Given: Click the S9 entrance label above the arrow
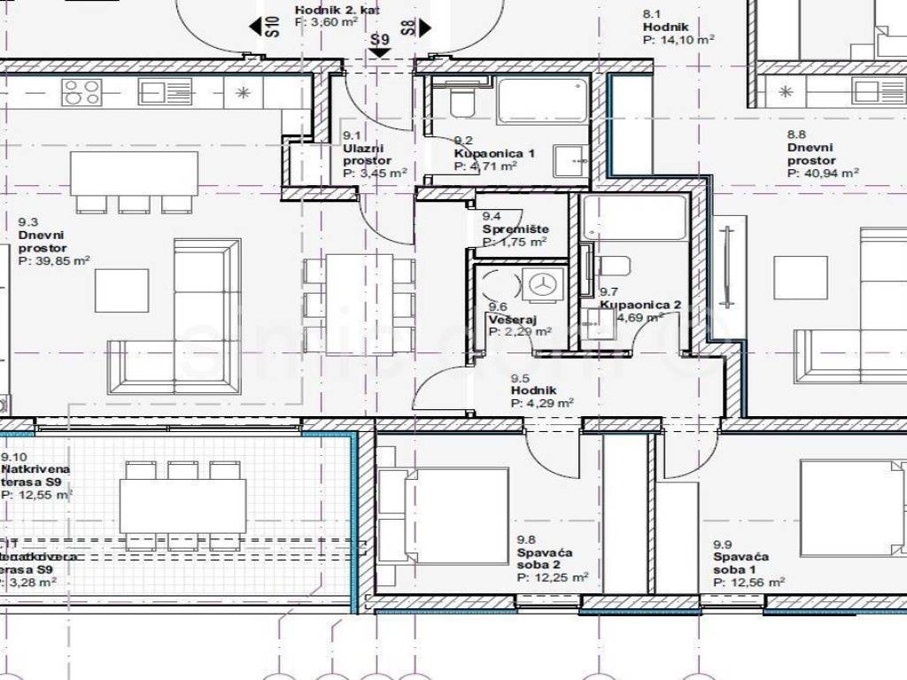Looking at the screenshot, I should click(380, 39).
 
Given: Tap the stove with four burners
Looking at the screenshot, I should click(81, 90).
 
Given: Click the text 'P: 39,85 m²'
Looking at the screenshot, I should click(54, 261).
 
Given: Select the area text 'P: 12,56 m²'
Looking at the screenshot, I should click(749, 582).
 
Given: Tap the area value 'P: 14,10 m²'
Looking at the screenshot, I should click(678, 40).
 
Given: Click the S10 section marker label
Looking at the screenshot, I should click(273, 25).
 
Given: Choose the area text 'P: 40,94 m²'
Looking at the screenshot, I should click(823, 174).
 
